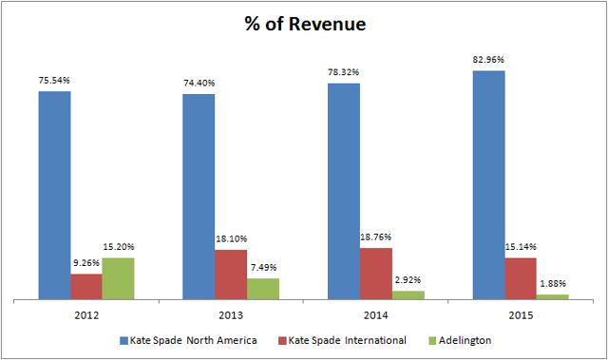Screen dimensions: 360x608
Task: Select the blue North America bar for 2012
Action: pyautogui.click(x=54, y=196)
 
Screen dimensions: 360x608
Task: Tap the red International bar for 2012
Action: pyautogui.click(x=86, y=287)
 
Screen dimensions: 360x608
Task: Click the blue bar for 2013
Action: pyautogui.click(x=199, y=197)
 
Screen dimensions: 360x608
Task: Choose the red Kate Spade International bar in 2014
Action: pyautogui.click(x=375, y=274)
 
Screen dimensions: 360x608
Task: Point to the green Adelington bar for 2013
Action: pyautogui.click(x=263, y=289)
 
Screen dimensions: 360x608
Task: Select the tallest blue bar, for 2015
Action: pyautogui.click(x=488, y=185)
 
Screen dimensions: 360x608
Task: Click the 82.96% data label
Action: pyautogui.click(x=488, y=60)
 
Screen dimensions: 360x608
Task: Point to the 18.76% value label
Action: pyautogui.click(x=375, y=237)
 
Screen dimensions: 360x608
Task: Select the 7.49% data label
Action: pyautogui.click(x=263, y=268)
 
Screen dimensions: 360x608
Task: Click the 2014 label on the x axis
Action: pyautogui.click(x=376, y=313)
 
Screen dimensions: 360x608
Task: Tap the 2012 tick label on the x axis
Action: pyautogui.click(x=86, y=313)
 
